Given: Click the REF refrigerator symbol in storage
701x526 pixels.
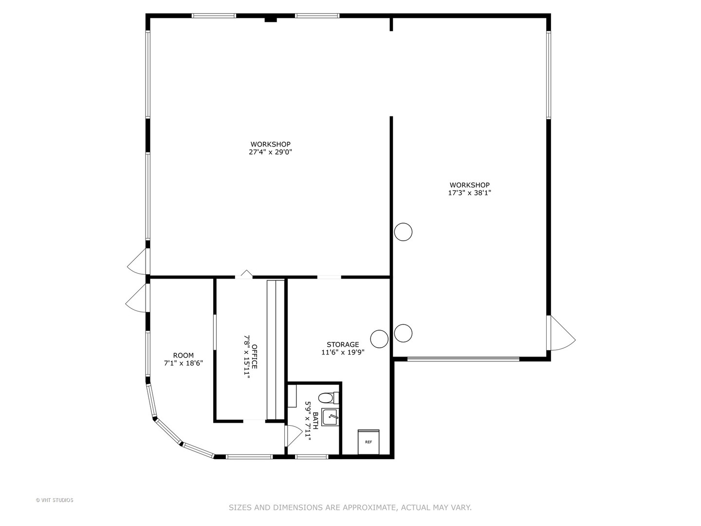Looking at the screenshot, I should pos(369,442).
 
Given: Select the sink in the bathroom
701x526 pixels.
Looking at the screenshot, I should pos(330,417).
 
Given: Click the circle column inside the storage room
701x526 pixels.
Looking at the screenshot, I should pos(379,338).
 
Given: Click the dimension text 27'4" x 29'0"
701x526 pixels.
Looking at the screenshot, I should pos(270,152).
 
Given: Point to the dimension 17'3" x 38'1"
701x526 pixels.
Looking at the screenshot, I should pos(469,193).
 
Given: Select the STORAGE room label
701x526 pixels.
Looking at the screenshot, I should pos(343,344).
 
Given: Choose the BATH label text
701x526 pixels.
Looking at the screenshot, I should pos(315,420).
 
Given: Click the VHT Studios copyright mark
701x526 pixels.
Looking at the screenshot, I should pos(55,500).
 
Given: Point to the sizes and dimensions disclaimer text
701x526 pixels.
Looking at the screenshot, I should pos(350,507).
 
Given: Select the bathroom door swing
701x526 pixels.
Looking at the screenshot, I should pos(292,435).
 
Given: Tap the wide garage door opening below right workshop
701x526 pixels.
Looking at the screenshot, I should pos(463,359).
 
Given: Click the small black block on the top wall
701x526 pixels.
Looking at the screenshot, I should pos(270,19).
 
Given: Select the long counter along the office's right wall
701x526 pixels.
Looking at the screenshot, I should pos(275,350).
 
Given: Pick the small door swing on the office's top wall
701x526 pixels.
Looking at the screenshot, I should pos(246,274).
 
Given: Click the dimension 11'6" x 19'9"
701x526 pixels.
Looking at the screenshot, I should pos(343,352).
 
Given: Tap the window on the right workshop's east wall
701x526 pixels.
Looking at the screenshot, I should pos(548,75).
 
